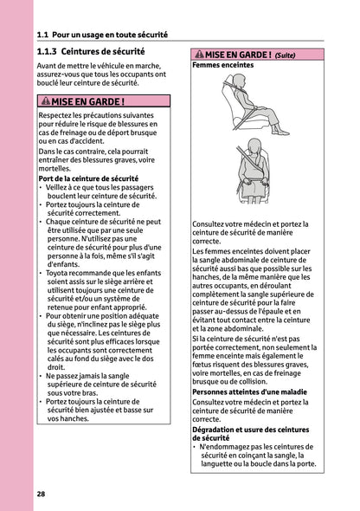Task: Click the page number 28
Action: point(42,494)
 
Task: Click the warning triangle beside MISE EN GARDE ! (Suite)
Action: point(198,55)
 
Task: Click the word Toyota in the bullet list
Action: point(60,273)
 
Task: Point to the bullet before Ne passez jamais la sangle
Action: point(42,375)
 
